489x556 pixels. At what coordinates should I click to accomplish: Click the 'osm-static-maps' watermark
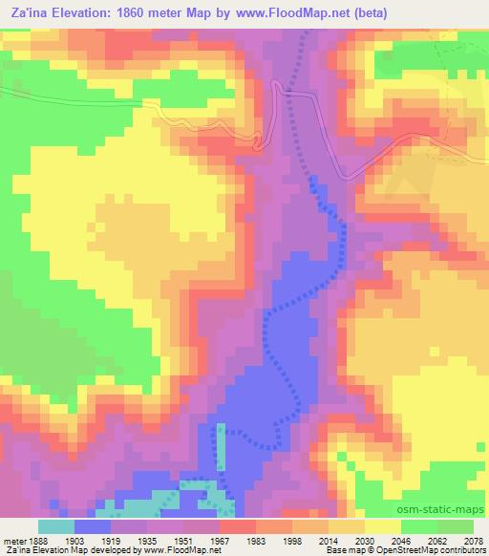[x=440, y=510]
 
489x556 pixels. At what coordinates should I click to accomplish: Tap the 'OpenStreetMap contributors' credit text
[x=433, y=551]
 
